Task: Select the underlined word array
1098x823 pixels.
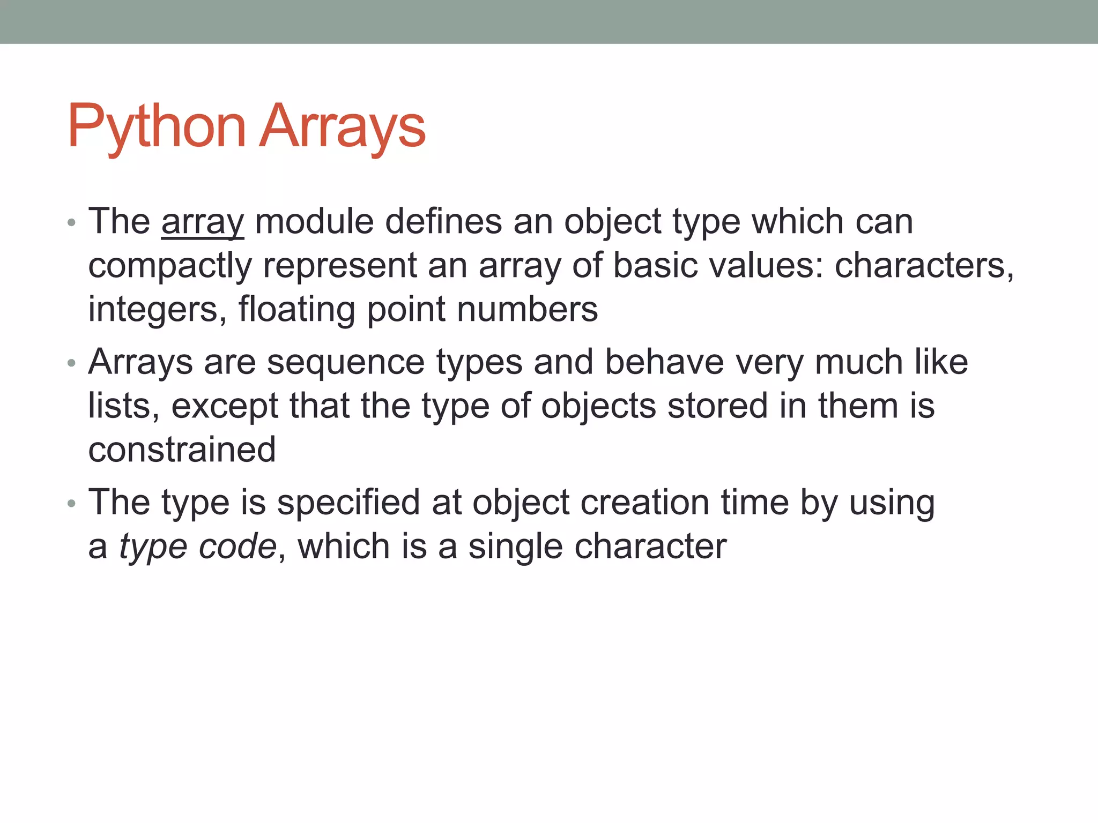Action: pyautogui.click(x=203, y=221)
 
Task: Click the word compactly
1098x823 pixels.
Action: pyautogui.click(x=169, y=266)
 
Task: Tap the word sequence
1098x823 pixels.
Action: pyautogui.click(x=346, y=362)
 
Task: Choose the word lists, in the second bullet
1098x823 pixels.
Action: pyautogui.click(x=124, y=406)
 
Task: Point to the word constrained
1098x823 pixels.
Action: pyautogui.click(x=182, y=450)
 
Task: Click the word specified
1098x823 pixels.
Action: pyautogui.click(x=348, y=503)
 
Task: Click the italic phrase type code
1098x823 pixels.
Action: pyautogui.click(x=198, y=547)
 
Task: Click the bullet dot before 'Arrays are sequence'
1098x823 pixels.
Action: pyautogui.click(x=72, y=364)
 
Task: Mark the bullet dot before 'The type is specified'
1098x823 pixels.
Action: pyautogui.click(x=72, y=504)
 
